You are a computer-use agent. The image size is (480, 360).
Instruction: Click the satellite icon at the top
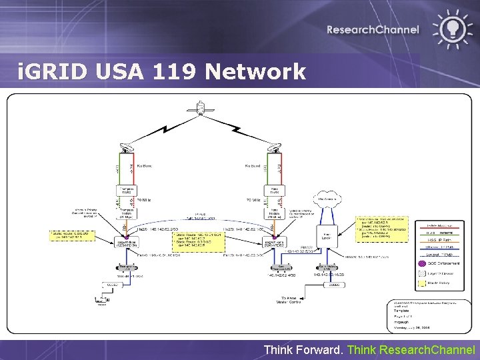[x=198, y=107]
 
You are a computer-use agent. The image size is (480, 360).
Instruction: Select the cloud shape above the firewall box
[x=328, y=199]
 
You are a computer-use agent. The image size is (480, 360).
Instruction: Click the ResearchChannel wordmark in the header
[x=373, y=29]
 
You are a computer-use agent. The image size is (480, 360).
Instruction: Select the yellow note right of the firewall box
[x=381, y=228]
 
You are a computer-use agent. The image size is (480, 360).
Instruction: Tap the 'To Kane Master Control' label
[x=289, y=301]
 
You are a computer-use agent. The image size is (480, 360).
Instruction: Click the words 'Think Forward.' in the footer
[x=304, y=349]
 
